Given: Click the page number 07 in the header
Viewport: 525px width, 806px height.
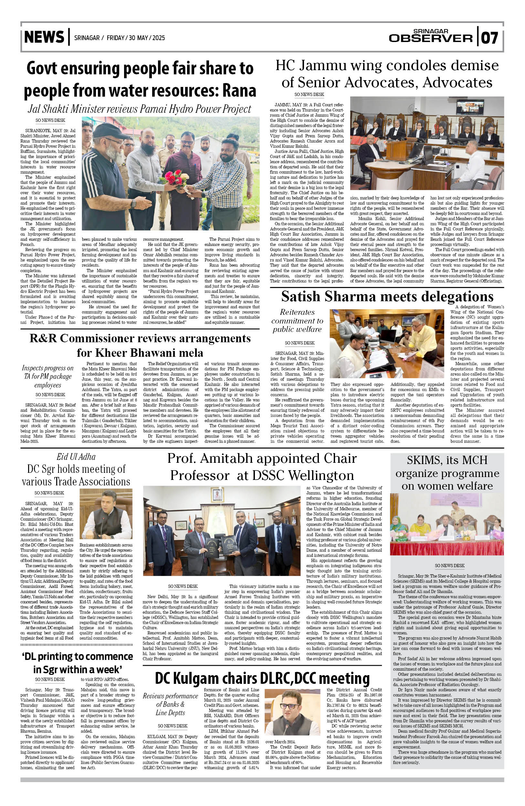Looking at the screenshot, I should [490, 37].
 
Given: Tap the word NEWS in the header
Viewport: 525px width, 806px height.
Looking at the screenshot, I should [44, 37].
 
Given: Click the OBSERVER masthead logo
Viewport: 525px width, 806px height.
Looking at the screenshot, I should [431, 38].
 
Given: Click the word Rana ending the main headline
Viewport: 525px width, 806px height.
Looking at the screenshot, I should [239, 91].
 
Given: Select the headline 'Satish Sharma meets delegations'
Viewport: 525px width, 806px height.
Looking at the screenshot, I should [387, 297].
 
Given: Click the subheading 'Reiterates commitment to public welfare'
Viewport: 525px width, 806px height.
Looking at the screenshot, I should [297, 320].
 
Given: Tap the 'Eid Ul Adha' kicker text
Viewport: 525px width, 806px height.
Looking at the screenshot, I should [76, 457].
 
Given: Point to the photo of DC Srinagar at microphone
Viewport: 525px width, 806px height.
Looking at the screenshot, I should [106, 515].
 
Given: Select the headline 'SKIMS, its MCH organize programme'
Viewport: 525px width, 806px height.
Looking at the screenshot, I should [447, 473].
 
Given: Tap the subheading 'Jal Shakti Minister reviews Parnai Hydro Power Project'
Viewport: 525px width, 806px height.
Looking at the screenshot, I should [140, 109].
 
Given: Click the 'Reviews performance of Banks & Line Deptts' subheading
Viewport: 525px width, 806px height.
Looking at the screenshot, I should [170, 704].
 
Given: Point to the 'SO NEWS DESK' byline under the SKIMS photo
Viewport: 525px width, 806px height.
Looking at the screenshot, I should [449, 566].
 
